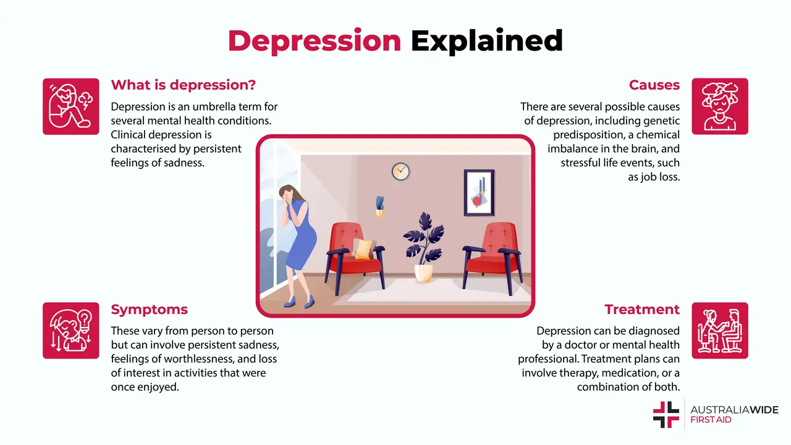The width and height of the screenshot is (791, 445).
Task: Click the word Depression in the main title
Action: click(x=314, y=41)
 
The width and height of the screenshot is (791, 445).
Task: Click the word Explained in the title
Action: click(x=487, y=41)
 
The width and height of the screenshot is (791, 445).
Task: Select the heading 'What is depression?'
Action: click(x=183, y=85)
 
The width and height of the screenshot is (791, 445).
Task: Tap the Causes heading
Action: click(x=654, y=85)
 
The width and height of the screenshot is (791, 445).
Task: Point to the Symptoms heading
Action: click(x=149, y=309)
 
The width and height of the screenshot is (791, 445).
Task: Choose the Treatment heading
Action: click(x=642, y=309)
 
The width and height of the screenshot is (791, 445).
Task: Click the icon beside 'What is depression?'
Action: click(x=70, y=106)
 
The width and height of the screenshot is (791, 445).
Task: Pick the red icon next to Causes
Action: click(x=720, y=106)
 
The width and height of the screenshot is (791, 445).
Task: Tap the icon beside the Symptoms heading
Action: click(x=70, y=331)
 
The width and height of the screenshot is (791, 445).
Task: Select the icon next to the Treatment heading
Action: click(x=720, y=331)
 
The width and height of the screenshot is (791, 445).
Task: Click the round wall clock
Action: click(x=400, y=171)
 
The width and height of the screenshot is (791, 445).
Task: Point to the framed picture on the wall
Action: click(x=479, y=192)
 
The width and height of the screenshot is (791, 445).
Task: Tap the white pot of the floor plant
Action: click(x=423, y=273)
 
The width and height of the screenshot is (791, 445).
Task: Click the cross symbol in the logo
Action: click(x=666, y=414)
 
